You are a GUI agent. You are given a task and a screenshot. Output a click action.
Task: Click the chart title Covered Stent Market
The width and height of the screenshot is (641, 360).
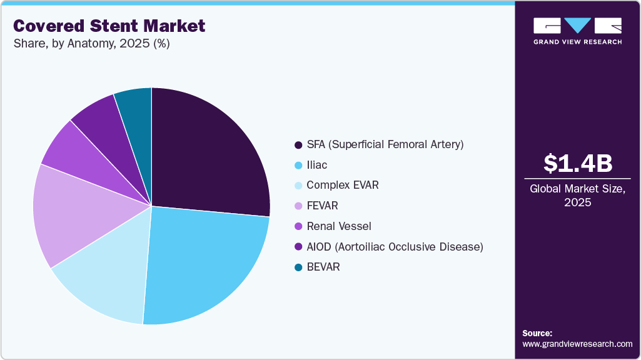point(109,26)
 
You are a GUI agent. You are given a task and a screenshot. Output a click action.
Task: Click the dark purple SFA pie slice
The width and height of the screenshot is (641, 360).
point(206,156)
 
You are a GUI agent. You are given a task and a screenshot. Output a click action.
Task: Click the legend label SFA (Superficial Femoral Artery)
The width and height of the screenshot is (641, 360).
point(385,144)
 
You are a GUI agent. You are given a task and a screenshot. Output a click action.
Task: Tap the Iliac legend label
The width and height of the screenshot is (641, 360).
point(317,165)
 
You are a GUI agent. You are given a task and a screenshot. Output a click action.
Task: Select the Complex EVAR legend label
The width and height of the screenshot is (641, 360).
point(342,186)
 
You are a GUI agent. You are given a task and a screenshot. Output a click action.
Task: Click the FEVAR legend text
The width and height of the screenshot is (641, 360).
point(322,206)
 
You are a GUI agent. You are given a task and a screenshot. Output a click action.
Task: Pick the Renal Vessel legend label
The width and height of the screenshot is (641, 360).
point(339,226)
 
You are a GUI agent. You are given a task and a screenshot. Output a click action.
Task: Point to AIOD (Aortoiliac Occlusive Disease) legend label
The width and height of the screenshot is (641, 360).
point(395,247)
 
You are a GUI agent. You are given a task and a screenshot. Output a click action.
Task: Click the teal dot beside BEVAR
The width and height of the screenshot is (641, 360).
point(298,267)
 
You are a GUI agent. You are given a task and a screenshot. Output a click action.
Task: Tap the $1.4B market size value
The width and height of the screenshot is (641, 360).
point(577,163)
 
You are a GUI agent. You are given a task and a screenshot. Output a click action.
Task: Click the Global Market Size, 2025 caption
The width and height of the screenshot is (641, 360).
point(577,196)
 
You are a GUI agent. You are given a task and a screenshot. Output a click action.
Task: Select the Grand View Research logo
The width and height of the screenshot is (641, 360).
point(577,30)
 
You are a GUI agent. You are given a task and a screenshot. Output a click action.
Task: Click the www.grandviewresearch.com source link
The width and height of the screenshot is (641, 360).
point(577,344)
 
